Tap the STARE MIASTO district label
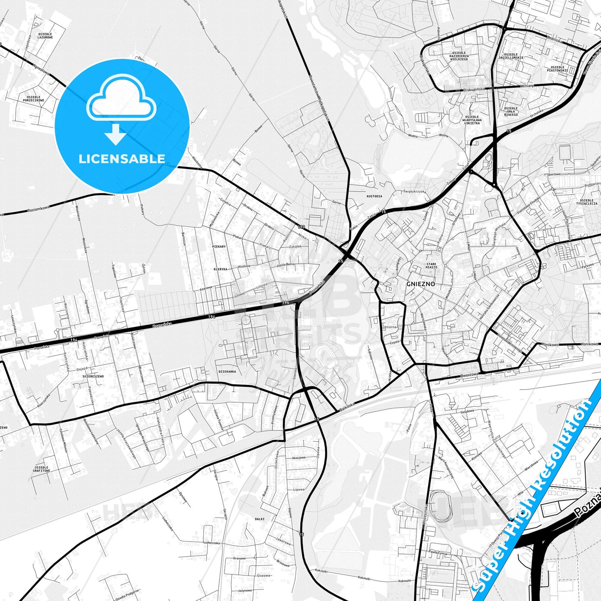431,265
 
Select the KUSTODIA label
374,196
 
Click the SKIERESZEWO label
93,376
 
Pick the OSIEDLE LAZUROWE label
45,35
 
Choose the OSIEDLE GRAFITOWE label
41,469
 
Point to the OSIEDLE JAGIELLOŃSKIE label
511,56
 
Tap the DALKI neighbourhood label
260,519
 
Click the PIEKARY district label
219,247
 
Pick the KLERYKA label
220,269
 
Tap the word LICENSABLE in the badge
122,158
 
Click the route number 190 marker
301,227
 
